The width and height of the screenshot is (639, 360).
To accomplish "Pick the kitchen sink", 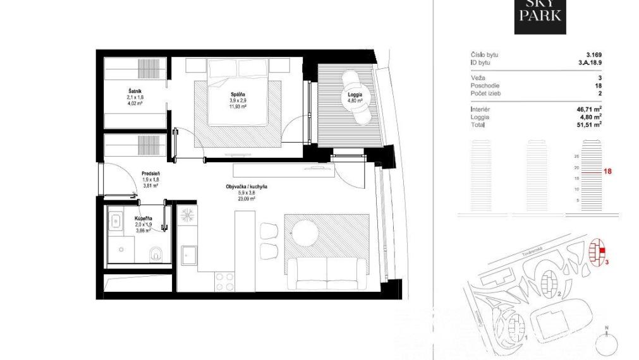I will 189,256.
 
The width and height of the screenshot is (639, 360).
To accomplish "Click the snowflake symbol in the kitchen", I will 187,213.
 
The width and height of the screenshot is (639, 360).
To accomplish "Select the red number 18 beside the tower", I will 609,171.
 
